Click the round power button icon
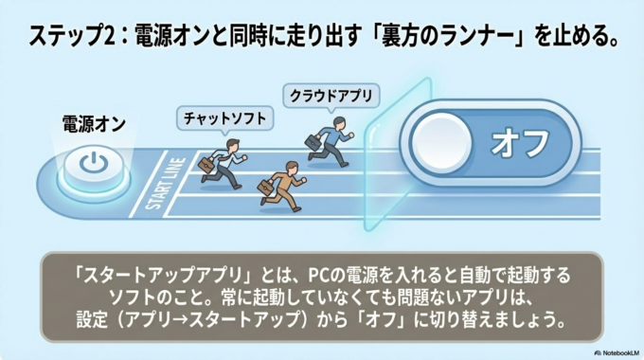click(93, 164)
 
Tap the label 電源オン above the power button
click(94, 122)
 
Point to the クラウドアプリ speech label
click(331, 95)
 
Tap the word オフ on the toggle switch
click(520, 143)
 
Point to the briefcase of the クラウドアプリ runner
click(313, 142)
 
